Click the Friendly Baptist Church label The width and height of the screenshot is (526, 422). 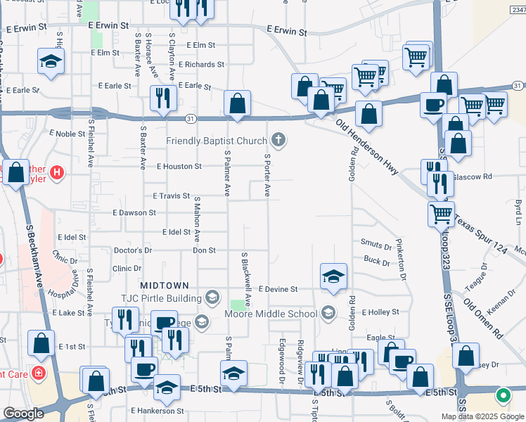(x=217, y=141)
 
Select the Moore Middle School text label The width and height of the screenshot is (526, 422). (x=271, y=313)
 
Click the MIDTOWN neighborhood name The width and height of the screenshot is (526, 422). (x=165, y=286)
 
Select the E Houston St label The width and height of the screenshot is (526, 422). (x=179, y=167)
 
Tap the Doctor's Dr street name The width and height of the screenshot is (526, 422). (x=132, y=250)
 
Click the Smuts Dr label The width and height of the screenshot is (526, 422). (x=376, y=245)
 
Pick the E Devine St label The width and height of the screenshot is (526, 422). (x=278, y=289)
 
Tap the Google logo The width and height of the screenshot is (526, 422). (x=24, y=414)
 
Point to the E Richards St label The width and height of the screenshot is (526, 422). (x=202, y=65)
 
